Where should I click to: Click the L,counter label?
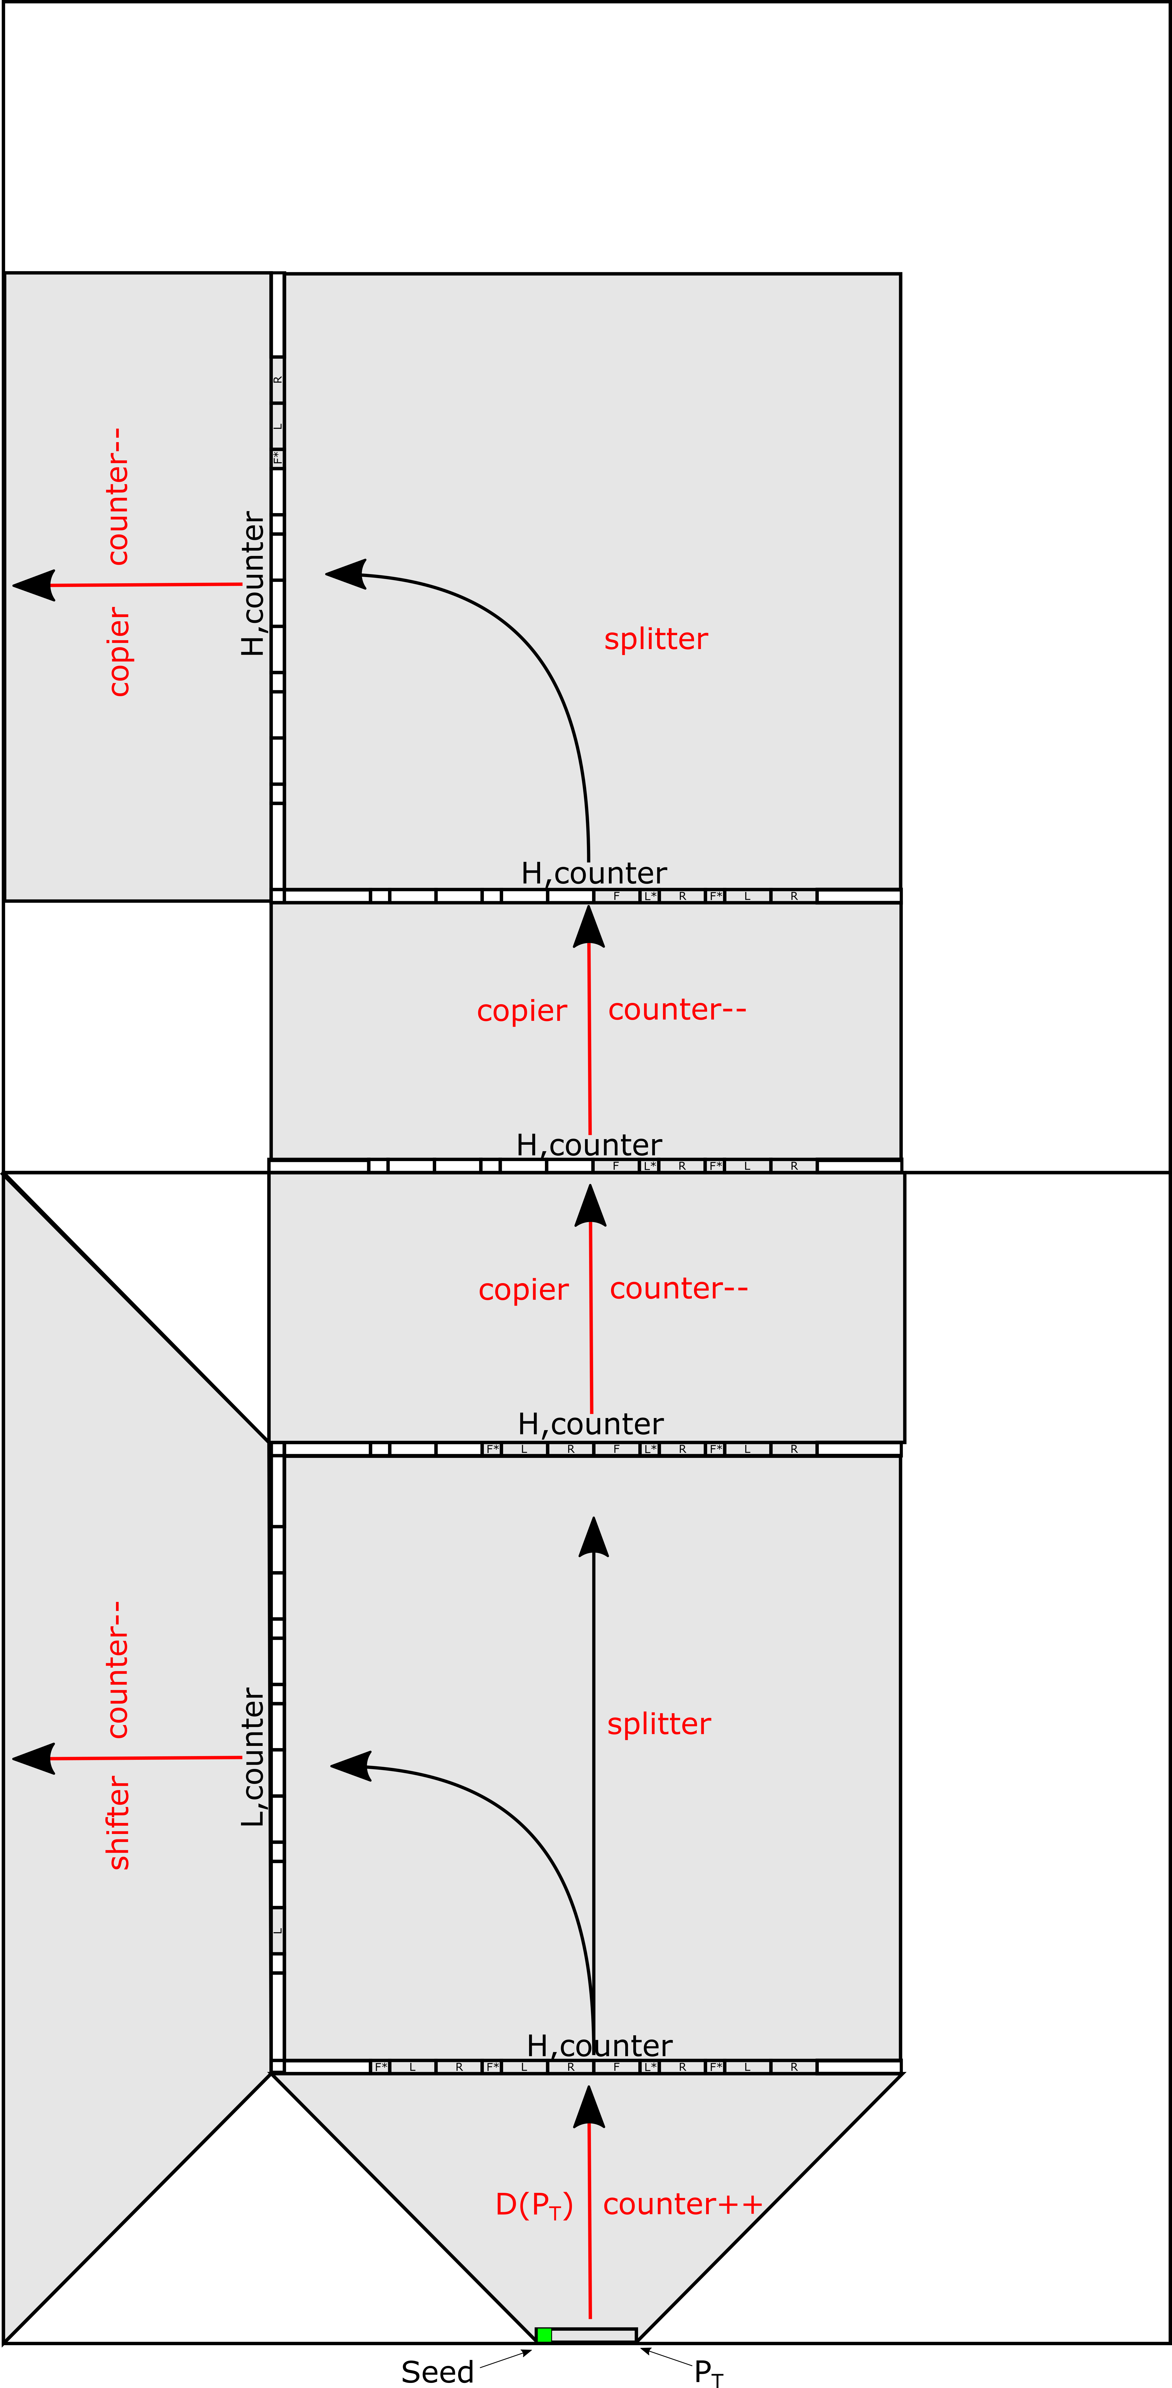(252, 1757)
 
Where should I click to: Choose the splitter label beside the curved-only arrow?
(655, 639)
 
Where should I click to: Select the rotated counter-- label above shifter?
(118, 1669)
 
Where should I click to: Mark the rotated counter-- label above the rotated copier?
(118, 496)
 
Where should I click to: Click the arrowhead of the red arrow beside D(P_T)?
(589, 2106)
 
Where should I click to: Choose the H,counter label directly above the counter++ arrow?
(599, 2045)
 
